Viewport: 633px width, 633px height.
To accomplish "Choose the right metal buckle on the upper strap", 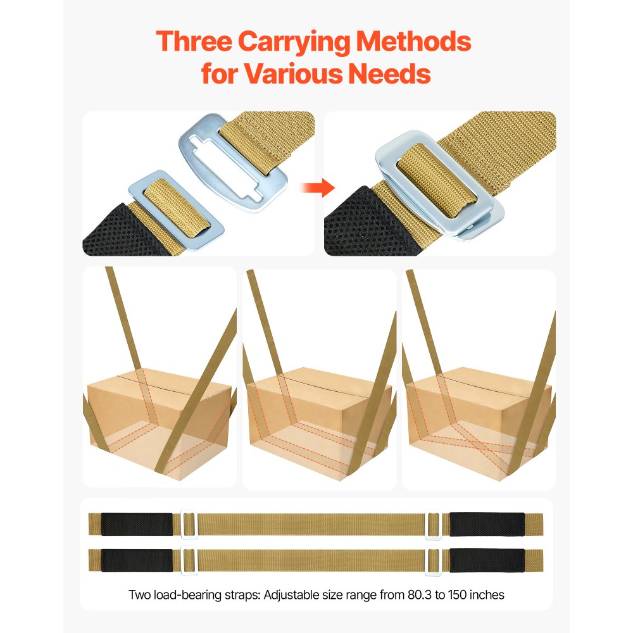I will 432,524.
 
